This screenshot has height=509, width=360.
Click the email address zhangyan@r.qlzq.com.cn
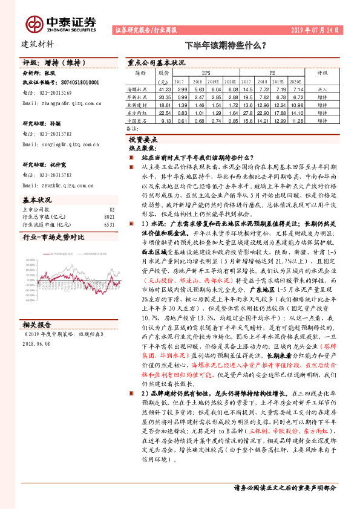click(62, 103)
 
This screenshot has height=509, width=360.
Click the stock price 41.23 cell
click(163, 88)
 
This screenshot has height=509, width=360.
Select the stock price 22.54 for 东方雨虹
click(163, 112)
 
